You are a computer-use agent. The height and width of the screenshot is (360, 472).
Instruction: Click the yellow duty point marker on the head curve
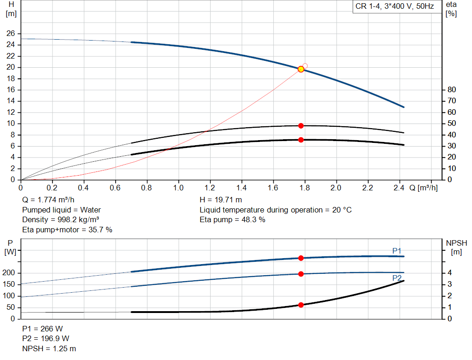(301, 69)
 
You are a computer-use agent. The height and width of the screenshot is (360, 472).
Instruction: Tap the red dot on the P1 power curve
(301, 258)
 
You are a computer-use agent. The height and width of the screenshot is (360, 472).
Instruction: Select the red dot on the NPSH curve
(301, 305)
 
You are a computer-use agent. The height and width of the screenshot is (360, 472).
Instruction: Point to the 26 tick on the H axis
(11, 34)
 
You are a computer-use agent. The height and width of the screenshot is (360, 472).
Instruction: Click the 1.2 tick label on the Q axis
(210, 188)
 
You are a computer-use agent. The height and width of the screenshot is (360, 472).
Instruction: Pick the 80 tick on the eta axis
(452, 89)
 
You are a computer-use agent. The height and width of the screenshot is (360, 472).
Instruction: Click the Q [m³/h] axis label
(423, 188)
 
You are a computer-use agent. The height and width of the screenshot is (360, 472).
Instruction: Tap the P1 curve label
(397, 250)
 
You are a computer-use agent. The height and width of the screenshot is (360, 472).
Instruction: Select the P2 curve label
(397, 278)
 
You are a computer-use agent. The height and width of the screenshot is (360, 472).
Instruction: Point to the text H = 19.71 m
(221, 200)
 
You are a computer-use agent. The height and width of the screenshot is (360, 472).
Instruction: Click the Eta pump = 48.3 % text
(232, 219)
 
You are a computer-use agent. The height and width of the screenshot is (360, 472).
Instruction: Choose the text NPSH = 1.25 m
(49, 348)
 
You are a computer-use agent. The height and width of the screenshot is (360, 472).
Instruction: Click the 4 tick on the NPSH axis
(450, 273)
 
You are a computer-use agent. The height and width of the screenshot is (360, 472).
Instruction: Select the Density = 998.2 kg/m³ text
(61, 219)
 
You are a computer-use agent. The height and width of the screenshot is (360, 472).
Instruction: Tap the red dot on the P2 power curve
(301, 274)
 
